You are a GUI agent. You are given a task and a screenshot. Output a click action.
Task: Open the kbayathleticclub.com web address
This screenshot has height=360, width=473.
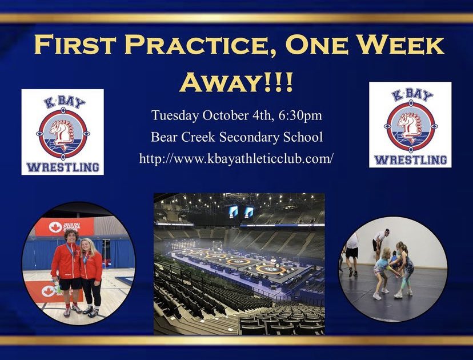[x=236, y=159]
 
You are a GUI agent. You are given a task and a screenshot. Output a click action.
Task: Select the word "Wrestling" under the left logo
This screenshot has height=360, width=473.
[x=63, y=167]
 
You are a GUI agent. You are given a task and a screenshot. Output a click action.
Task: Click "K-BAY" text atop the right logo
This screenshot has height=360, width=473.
[x=410, y=94]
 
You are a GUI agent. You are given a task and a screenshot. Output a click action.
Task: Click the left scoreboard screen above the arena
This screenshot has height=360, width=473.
[x=234, y=212]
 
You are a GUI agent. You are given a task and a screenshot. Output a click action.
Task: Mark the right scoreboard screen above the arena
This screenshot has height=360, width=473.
[x=249, y=212]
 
